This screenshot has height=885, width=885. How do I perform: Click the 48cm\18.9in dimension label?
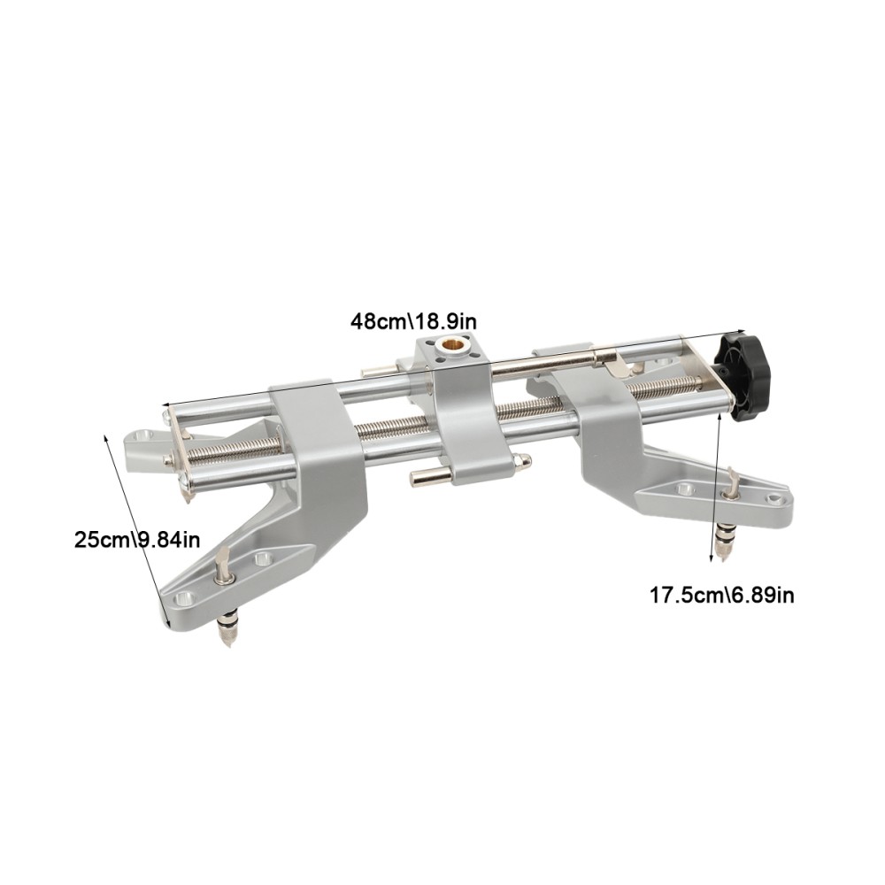coord(415,319)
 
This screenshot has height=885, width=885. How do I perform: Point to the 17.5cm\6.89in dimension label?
coord(722,595)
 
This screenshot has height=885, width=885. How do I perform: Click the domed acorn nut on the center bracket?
coord(524,461)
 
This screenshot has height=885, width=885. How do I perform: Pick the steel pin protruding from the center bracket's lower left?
coord(423,479)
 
